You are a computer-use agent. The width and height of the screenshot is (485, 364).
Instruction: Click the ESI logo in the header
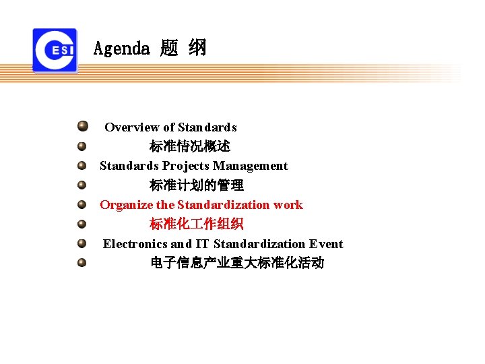[x=55, y=50]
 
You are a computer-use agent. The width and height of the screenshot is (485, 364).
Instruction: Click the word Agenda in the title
[x=121, y=49]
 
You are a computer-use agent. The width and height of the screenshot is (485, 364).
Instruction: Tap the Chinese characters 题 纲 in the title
[x=183, y=49]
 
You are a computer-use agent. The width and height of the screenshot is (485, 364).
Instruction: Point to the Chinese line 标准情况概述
[x=189, y=146]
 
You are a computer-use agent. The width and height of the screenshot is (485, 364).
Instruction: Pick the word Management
[x=251, y=166]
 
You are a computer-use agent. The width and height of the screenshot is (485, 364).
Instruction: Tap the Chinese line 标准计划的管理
[x=196, y=185]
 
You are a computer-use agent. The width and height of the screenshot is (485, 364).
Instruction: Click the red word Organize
[x=127, y=205]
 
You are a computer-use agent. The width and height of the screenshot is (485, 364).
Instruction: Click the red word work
[x=288, y=205]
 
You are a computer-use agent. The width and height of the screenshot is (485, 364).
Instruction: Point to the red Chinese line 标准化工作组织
[x=196, y=224]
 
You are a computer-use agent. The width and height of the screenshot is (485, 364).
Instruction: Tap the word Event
[x=326, y=244]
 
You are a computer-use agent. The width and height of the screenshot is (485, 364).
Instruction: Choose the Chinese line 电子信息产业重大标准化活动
[x=236, y=264]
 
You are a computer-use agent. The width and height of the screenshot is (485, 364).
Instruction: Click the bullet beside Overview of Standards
[x=82, y=125]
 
